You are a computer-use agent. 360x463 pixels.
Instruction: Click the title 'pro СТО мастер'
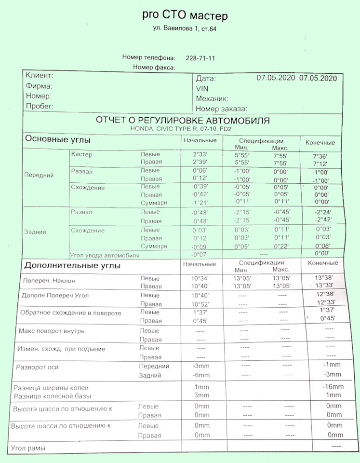(185, 15)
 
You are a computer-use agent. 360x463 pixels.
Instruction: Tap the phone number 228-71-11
(200, 58)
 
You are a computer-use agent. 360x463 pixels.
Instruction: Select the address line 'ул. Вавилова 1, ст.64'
(185, 30)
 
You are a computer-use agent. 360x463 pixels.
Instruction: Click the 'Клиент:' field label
(39, 76)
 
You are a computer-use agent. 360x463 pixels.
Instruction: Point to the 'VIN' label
(202, 89)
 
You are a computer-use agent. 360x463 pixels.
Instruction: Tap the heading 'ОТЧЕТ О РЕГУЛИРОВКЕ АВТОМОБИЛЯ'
(183, 121)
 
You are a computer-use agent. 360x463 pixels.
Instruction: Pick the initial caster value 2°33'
(200, 155)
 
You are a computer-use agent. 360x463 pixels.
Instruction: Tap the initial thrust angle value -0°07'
(199, 255)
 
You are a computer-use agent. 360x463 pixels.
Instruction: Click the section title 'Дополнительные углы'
(72, 266)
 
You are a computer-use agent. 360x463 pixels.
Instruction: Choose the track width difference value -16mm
(333, 387)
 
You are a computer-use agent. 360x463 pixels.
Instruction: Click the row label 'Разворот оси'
(38, 367)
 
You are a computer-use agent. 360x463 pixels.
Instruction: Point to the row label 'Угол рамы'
(28, 449)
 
